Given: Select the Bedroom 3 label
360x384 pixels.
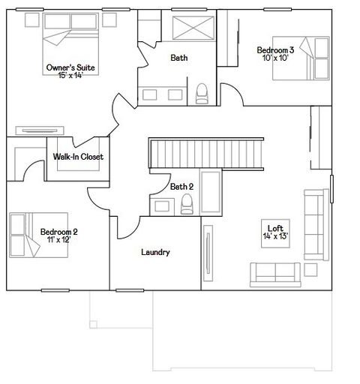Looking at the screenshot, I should click(x=275, y=49).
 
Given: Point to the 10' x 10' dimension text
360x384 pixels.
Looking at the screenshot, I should click(x=275, y=58).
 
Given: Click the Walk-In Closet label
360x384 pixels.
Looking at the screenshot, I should click(x=78, y=157).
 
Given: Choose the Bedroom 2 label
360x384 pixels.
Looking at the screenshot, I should click(x=59, y=232).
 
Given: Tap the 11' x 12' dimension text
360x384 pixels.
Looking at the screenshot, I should click(x=59, y=240).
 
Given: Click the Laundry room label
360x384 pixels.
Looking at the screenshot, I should click(x=155, y=252).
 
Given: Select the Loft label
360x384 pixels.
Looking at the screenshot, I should click(x=275, y=228).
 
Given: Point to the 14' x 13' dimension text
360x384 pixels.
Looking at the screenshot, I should click(x=275, y=236).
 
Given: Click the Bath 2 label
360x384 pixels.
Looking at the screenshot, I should click(x=181, y=186).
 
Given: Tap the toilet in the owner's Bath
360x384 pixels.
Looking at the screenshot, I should click(x=201, y=93).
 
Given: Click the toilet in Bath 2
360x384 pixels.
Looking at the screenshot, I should click(x=187, y=203).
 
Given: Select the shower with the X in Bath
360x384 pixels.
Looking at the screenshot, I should click(x=194, y=28).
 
